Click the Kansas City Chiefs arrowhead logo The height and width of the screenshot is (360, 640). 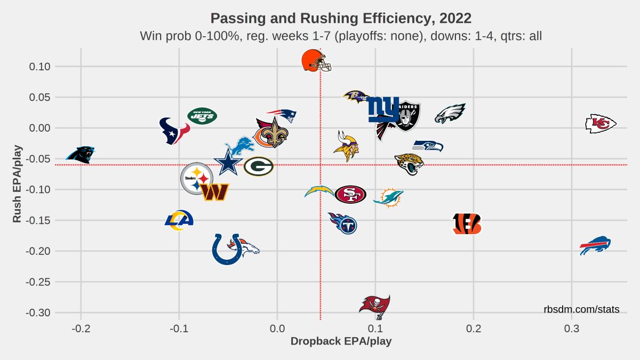pos(601,124)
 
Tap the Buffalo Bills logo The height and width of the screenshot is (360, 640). pos(595,245)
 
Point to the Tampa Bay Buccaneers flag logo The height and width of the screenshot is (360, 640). pos(375,307)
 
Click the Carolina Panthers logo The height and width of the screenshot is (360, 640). pos(81,155)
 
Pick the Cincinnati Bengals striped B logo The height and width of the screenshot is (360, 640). pos(467,224)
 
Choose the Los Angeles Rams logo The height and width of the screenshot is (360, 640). pos(179,220)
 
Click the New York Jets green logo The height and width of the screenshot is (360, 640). pos(202,116)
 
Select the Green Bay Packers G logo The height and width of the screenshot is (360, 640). pos(259,166)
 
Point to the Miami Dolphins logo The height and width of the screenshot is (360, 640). pos(388,197)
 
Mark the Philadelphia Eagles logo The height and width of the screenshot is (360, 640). pos(451,114)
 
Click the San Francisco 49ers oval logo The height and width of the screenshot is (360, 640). pos(350,195)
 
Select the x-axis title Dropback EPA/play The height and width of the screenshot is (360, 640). pos(341,341)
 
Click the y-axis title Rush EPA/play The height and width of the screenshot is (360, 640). pos(18,183)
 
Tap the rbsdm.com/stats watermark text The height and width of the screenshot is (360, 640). pos(581,309)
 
